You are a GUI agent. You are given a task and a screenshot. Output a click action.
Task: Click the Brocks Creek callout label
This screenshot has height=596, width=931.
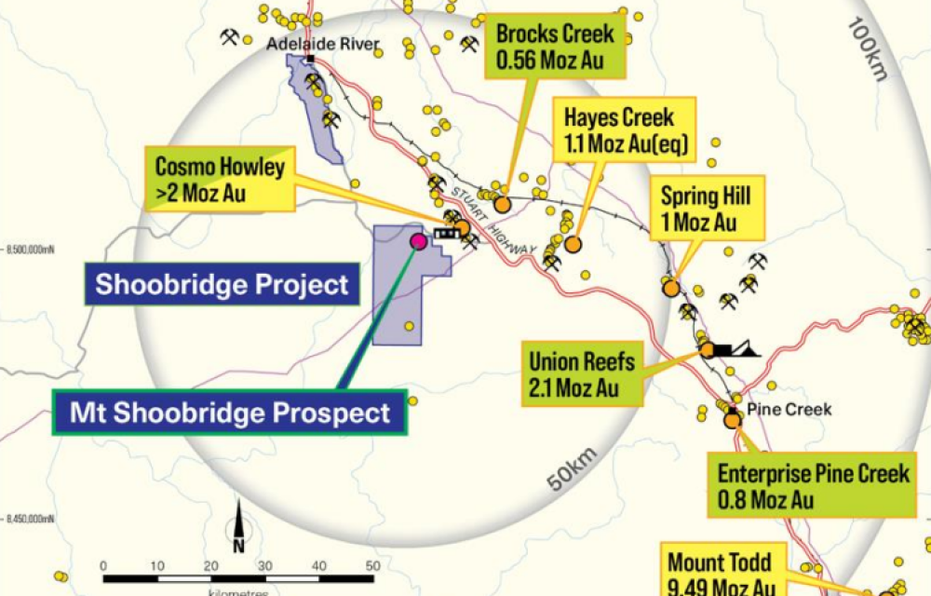coord(555,47)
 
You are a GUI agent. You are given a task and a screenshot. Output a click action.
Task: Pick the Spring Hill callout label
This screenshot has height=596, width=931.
coord(705,210)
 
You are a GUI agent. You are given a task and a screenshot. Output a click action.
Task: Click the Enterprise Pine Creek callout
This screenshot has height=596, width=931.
coord(812,485)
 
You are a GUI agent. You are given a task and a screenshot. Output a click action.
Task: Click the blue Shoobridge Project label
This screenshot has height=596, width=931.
coord(222,284)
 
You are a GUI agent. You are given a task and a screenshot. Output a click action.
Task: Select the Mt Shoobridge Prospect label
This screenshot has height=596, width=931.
coord(230,412)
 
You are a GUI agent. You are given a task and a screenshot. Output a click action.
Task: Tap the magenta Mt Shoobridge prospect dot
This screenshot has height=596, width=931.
coord(418,242)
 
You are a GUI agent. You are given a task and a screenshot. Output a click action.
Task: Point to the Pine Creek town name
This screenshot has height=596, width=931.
coord(773,410)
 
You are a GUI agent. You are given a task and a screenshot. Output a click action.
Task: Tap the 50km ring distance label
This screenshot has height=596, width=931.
coord(571,469)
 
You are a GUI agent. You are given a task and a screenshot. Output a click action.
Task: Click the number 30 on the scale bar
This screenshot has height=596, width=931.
coord(265,566)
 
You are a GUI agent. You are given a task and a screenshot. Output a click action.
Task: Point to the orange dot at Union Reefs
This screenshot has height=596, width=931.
coord(708,350)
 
